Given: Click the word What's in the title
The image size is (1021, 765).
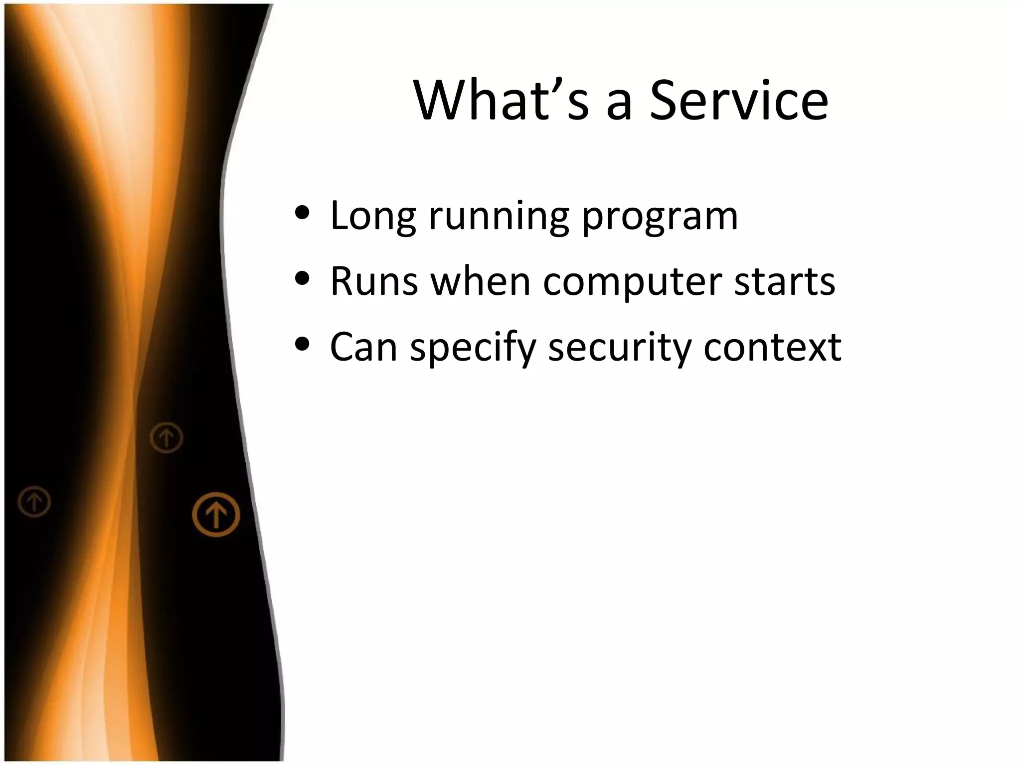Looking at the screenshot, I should (x=501, y=101).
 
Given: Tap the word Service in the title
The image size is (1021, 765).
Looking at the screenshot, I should (x=739, y=101).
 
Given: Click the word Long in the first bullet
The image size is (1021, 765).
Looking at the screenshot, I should (x=372, y=217).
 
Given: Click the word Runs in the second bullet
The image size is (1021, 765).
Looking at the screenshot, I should (x=374, y=282).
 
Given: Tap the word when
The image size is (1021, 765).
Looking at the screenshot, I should (x=480, y=282).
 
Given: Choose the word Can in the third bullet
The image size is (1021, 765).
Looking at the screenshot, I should (x=363, y=347).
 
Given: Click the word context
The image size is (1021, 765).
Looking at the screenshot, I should (x=772, y=348).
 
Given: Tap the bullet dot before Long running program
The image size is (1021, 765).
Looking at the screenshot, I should (x=302, y=213).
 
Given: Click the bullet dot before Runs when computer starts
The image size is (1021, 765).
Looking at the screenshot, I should (x=302, y=278).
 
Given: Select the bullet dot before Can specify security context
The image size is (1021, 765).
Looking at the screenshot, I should (x=302, y=344).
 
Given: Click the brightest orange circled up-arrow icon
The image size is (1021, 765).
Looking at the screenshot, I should (x=216, y=514).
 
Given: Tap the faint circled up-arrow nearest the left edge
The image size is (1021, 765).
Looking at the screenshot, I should (x=34, y=502).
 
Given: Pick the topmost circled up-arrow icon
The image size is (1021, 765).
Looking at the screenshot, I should (x=167, y=438).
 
